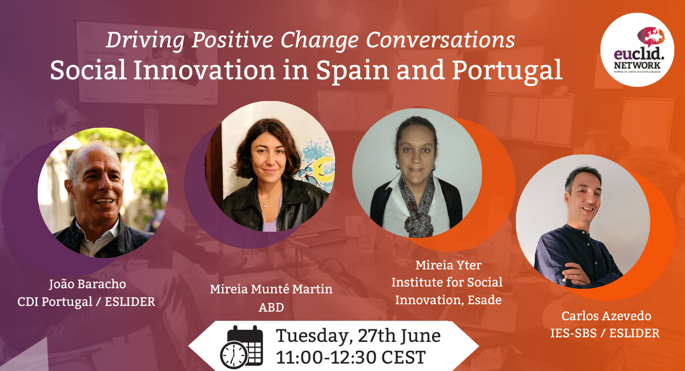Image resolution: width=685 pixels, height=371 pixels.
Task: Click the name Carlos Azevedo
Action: click(x=607, y=316)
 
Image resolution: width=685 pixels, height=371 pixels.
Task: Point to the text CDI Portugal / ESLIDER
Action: click(x=86, y=301)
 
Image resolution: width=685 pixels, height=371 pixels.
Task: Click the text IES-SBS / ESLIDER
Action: click(x=607, y=333)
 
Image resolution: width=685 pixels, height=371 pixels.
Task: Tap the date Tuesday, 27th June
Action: click(x=358, y=336)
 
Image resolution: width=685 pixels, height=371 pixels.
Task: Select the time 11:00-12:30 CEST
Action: click(x=350, y=357)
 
